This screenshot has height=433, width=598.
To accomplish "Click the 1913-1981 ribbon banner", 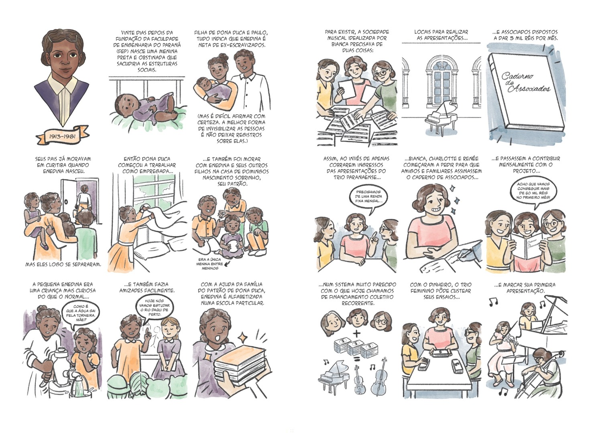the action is pos(63,136).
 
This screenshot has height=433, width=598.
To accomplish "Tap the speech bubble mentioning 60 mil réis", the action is pos(533,191).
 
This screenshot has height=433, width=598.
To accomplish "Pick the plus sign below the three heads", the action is pos(357,333).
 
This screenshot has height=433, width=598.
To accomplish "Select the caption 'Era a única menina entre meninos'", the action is pos(210,264).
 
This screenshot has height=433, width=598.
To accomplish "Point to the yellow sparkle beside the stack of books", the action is pos(243,338).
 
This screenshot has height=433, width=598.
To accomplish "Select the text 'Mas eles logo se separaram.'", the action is pos(63,264).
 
